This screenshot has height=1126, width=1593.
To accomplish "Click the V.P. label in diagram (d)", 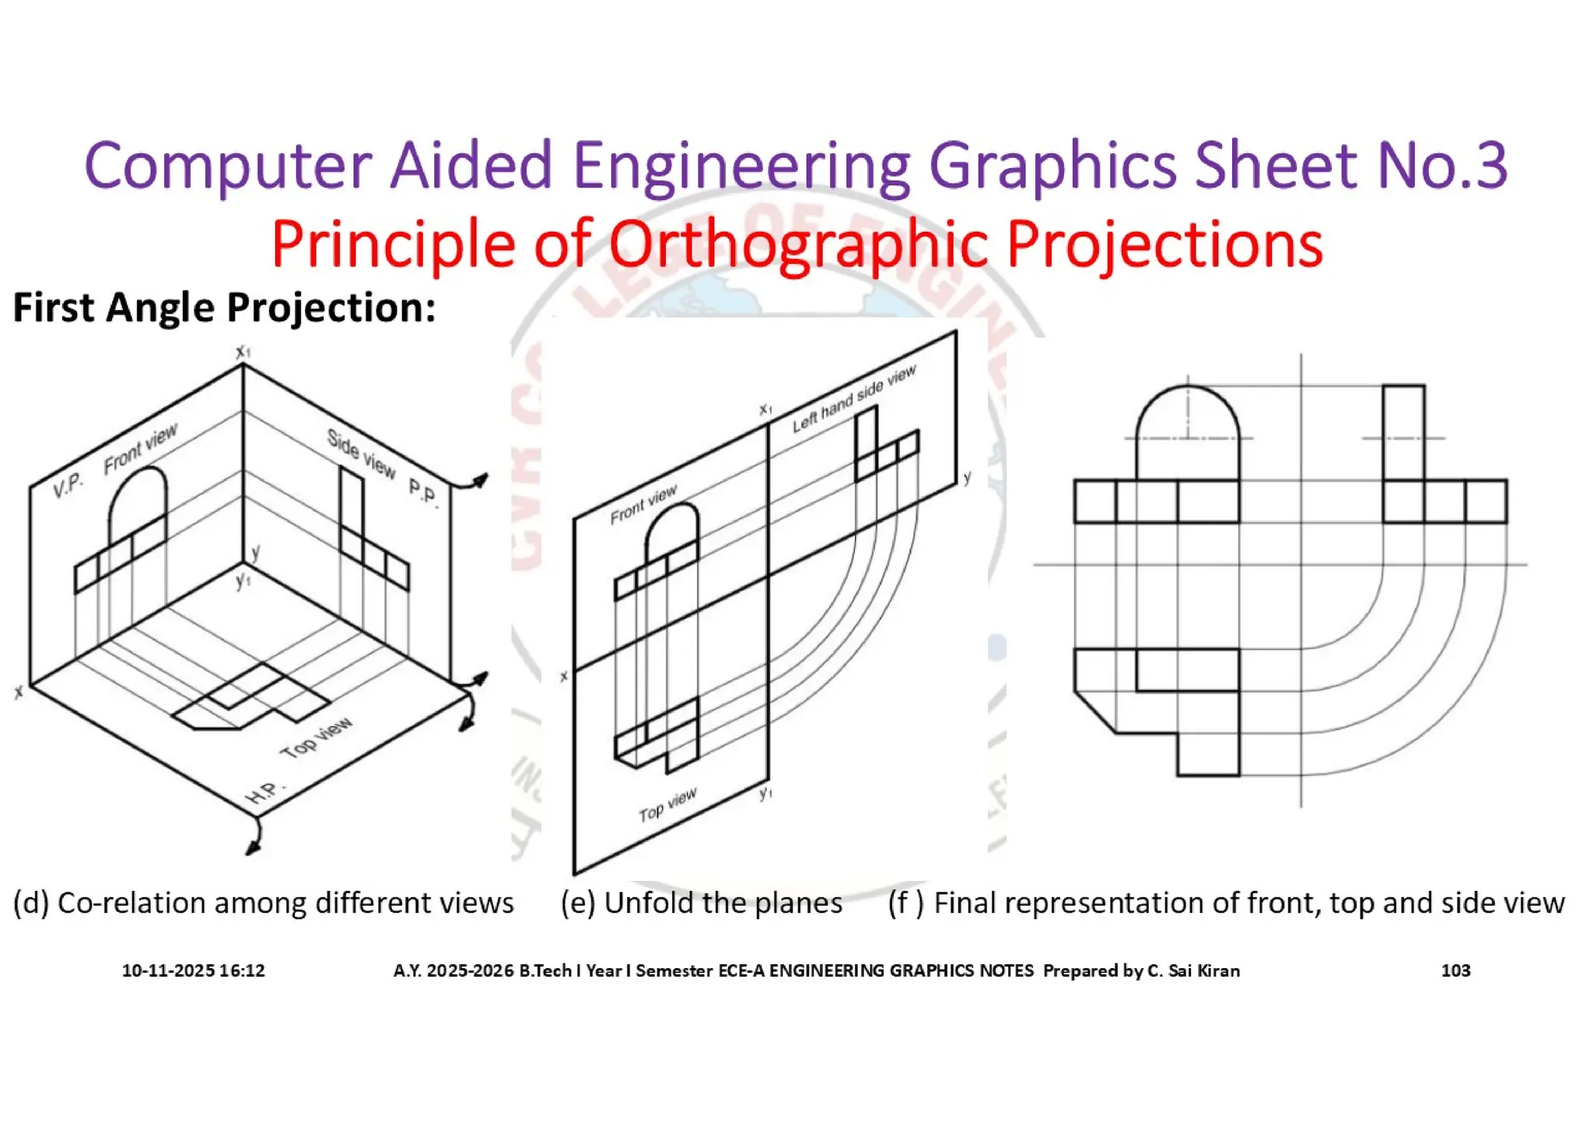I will coord(68,485).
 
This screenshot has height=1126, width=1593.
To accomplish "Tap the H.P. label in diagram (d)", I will coord(264,792).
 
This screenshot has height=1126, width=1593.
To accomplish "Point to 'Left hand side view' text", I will coord(854,398).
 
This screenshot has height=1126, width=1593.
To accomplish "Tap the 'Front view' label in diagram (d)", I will coord(141,448).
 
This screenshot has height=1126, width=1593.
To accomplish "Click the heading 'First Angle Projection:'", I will coord(224,307).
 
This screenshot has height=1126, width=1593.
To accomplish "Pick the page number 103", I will coord(1455,970).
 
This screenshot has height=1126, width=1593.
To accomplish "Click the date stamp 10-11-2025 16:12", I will coord(193,970).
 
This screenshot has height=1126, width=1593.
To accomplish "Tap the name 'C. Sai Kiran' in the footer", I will coord(1193,970).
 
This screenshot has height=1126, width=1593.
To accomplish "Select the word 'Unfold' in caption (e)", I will coord(648,903).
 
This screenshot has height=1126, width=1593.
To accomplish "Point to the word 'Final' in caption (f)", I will coord(968,903).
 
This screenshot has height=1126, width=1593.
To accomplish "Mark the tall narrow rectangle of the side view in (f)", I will coord(1404,432).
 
